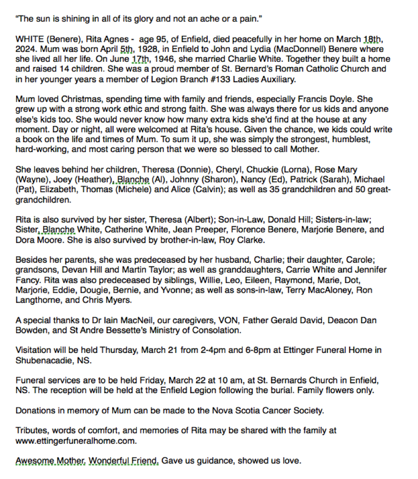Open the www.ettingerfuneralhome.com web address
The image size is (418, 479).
(x=74, y=441)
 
